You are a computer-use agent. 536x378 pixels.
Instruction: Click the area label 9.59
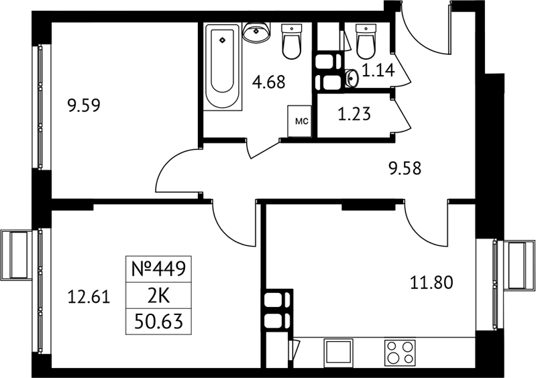84,105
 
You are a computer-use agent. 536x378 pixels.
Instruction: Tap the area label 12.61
89,296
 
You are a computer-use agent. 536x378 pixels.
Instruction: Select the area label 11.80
431,283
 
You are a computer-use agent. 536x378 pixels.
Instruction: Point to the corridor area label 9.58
405,168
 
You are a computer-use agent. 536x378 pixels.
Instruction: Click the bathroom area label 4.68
269,82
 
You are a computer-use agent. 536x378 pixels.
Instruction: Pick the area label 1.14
378,70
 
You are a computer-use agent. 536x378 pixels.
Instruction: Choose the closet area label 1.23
354,114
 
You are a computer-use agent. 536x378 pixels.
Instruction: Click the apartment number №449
158,269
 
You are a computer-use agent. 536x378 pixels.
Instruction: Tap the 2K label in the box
158,296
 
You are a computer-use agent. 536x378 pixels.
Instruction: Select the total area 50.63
158,321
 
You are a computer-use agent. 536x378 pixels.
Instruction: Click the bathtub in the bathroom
223,66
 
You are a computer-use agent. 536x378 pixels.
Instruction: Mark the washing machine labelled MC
299,121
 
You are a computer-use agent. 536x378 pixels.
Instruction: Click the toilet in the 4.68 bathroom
292,42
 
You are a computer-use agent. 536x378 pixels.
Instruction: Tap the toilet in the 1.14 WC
366,42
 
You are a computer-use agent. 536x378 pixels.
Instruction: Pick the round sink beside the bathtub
256,31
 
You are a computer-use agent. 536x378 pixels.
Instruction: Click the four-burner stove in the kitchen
400,353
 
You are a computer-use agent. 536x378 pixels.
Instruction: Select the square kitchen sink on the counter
338,353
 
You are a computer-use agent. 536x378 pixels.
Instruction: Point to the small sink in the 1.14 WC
352,78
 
